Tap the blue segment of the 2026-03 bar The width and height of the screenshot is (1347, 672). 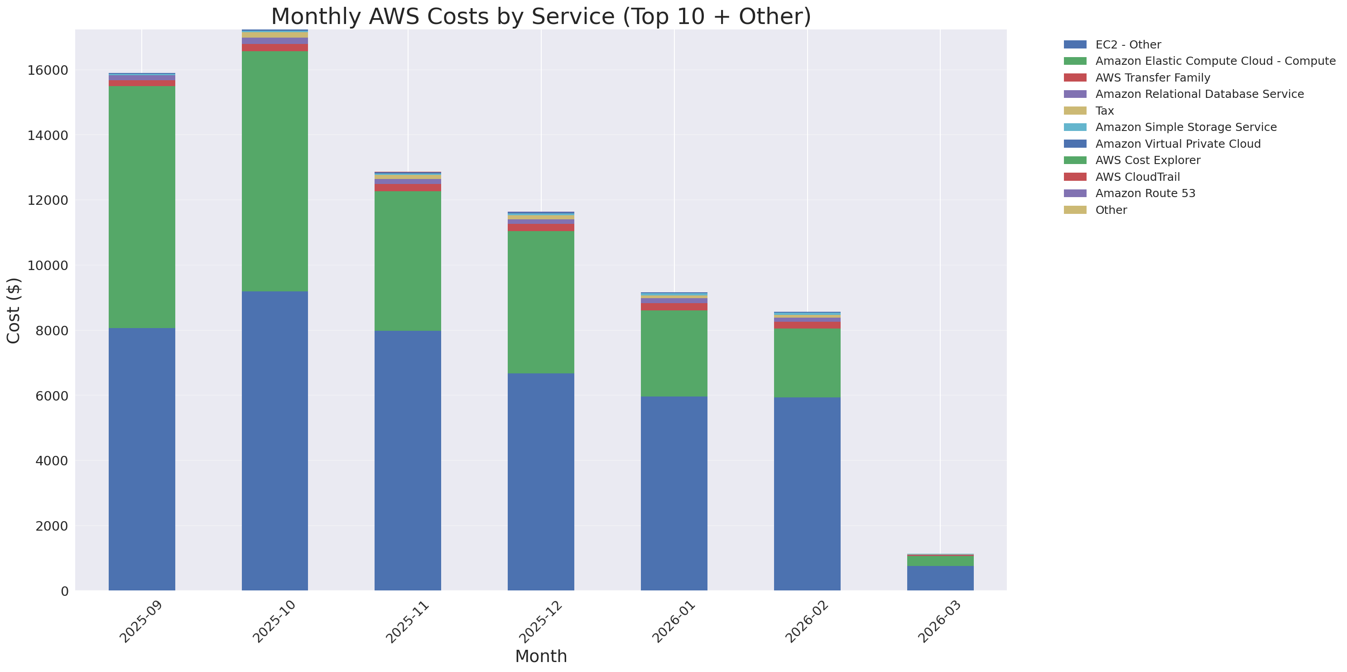pos(940,578)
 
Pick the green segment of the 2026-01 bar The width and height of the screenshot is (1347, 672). pos(674,353)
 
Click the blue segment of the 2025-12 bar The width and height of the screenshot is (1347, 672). pos(541,482)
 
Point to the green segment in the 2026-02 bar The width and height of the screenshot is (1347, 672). pos(807,363)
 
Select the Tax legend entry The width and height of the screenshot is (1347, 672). pos(1104,111)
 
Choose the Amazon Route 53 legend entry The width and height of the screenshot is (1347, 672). pos(1145,193)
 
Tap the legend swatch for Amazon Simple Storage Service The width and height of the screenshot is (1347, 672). pos(1075,127)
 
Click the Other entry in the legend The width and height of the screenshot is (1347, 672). pos(1111,210)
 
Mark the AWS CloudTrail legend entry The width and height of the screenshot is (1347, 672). pos(1137,177)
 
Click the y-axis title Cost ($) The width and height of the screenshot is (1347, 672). pos(14,311)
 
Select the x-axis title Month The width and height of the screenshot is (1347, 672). pos(541,656)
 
